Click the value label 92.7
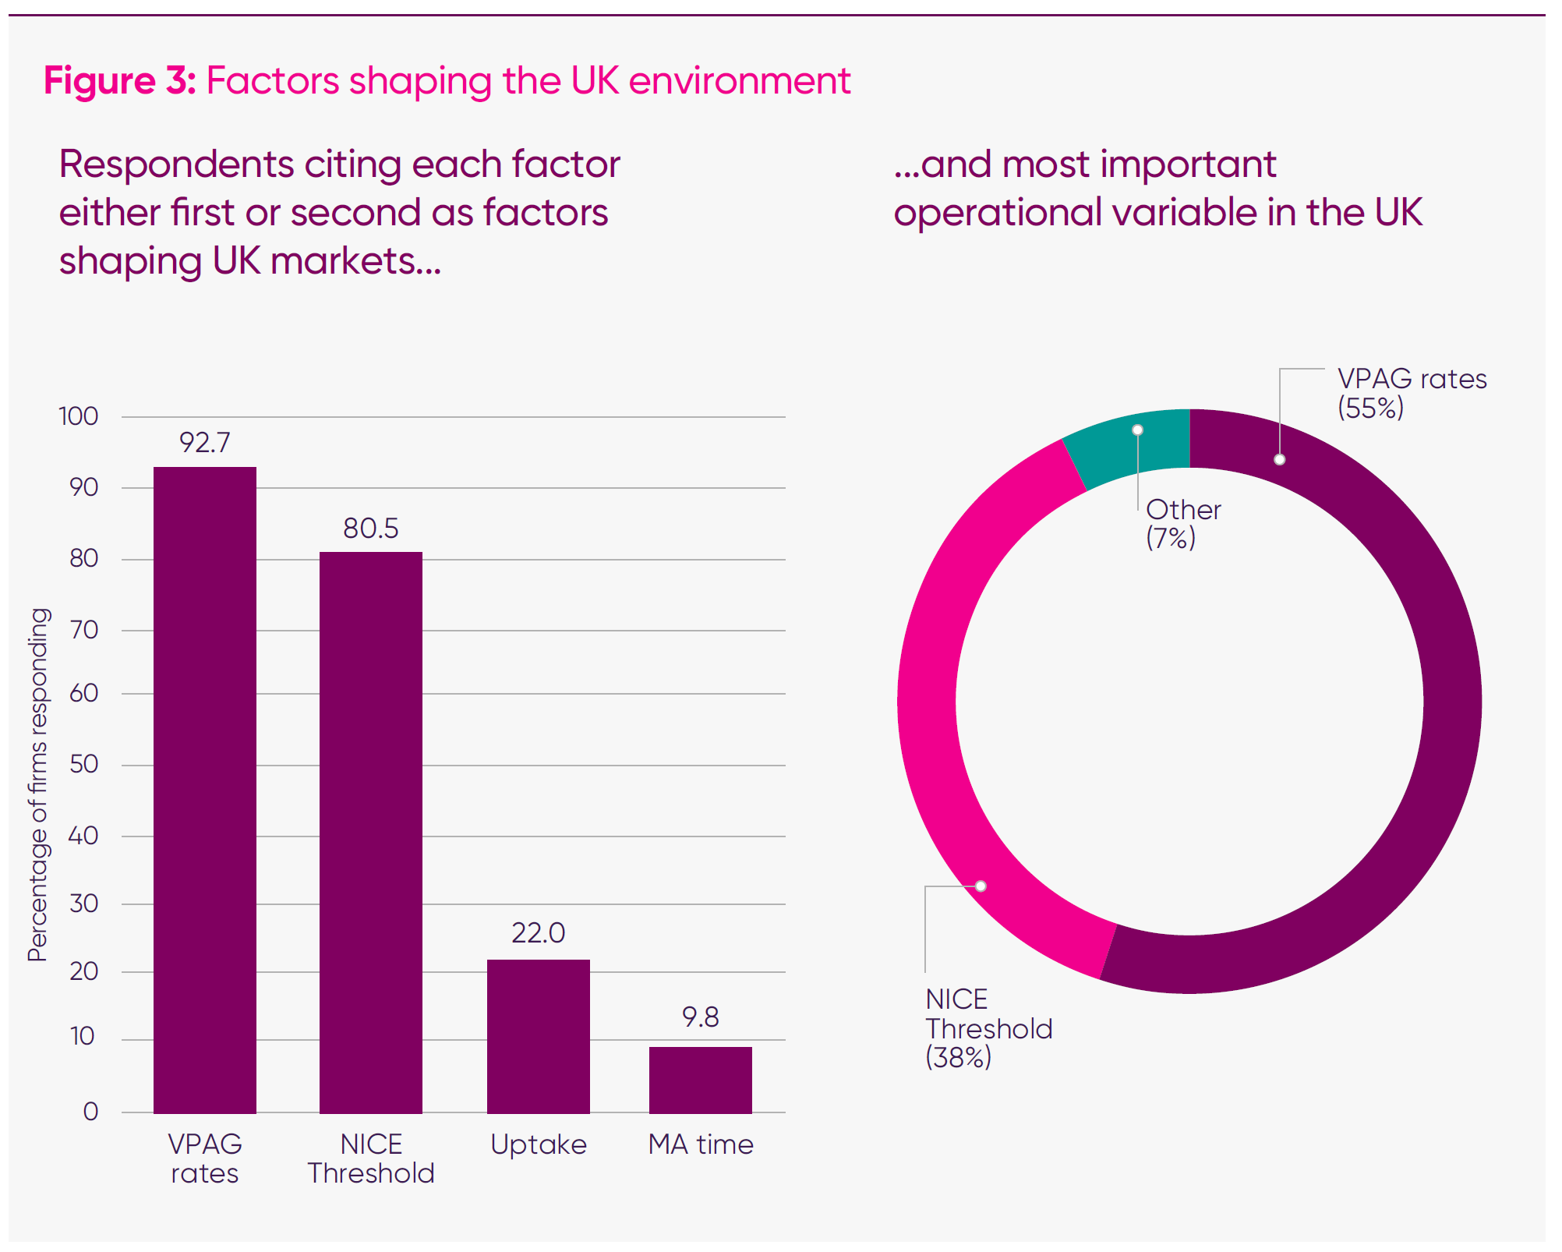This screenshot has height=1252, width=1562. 204,442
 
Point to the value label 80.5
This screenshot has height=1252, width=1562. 370,528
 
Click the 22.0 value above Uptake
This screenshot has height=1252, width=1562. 538,932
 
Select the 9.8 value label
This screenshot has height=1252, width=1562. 700,1017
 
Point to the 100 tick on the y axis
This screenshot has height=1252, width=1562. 79,416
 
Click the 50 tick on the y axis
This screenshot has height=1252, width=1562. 83,763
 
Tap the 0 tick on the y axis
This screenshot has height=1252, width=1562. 90,1111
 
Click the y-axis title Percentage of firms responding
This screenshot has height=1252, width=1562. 37,783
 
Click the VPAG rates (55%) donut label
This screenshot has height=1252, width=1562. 1411,392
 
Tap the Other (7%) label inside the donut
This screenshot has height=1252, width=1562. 1182,523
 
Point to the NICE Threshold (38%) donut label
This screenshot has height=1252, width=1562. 988,1027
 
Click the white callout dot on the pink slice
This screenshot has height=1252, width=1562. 981,886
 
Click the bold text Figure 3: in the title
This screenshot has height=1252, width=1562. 119,80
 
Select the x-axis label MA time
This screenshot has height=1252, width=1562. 700,1144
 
